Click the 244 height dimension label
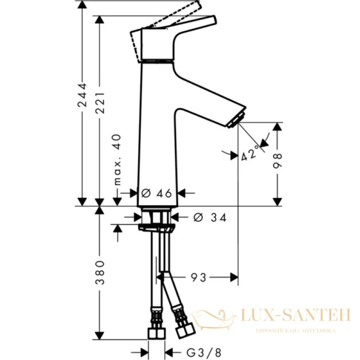click(83, 98)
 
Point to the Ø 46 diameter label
click(157, 193)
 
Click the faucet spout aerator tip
click(239, 119)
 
